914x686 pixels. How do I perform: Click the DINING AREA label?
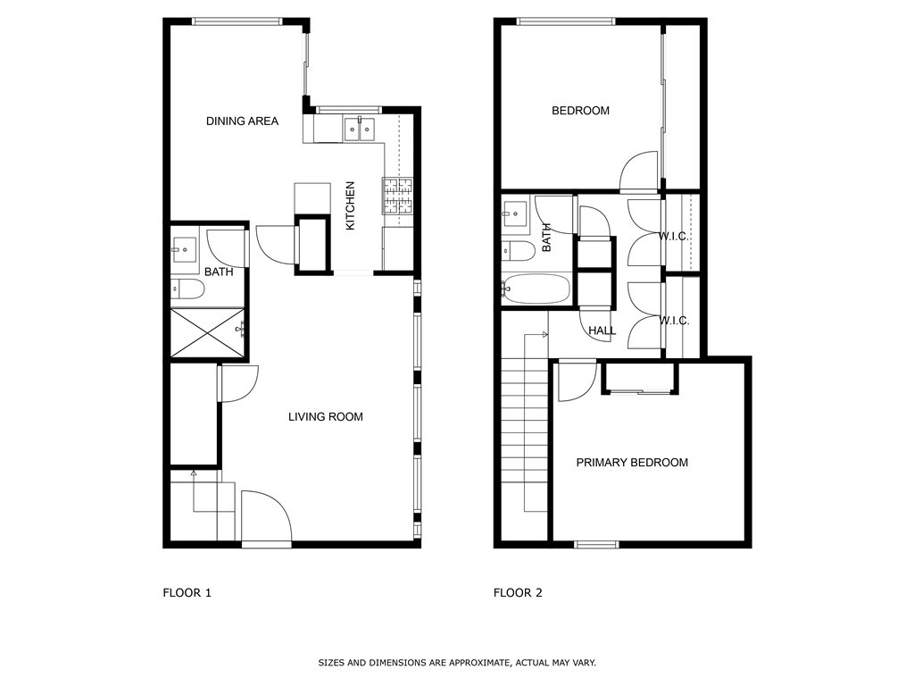[x=242, y=121]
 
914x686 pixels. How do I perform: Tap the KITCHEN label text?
[x=350, y=206]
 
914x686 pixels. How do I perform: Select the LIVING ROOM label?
[x=325, y=417]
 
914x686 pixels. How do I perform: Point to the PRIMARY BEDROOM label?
[x=632, y=463]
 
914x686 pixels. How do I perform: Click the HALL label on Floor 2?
[x=602, y=330]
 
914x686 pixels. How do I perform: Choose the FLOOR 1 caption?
[x=187, y=593]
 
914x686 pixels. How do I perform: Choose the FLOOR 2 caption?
[x=518, y=593]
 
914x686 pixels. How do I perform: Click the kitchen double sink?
[x=359, y=129]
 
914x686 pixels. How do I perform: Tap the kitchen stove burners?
[x=397, y=196]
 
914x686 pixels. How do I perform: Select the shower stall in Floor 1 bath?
[x=207, y=332]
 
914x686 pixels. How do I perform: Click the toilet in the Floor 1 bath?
[x=187, y=289]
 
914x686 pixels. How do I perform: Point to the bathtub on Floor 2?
[x=536, y=289]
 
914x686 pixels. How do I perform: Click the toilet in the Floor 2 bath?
[x=519, y=251]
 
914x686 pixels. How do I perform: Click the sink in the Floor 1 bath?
[x=185, y=250]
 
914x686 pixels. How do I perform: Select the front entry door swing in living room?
[x=266, y=517]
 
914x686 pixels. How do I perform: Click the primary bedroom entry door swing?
[x=577, y=382]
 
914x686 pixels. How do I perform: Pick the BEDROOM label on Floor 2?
[x=580, y=111]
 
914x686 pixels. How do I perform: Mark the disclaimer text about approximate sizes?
[x=457, y=663]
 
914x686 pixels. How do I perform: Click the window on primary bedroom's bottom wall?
[x=596, y=545]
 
